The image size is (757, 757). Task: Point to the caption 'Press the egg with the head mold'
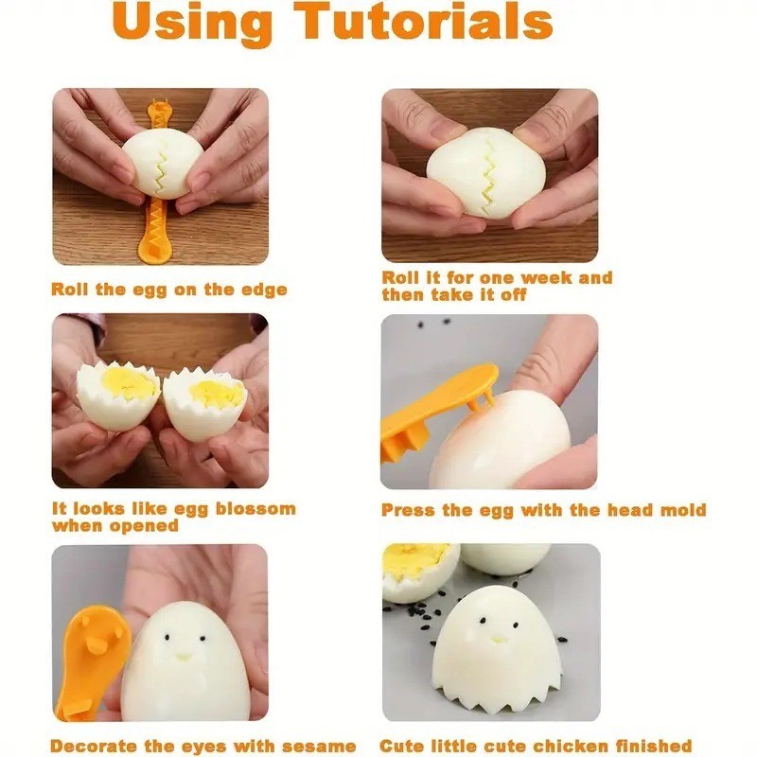coord(543,510)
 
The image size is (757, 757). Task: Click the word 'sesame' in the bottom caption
coord(319,747)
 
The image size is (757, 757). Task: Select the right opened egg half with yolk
coord(205,402)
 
